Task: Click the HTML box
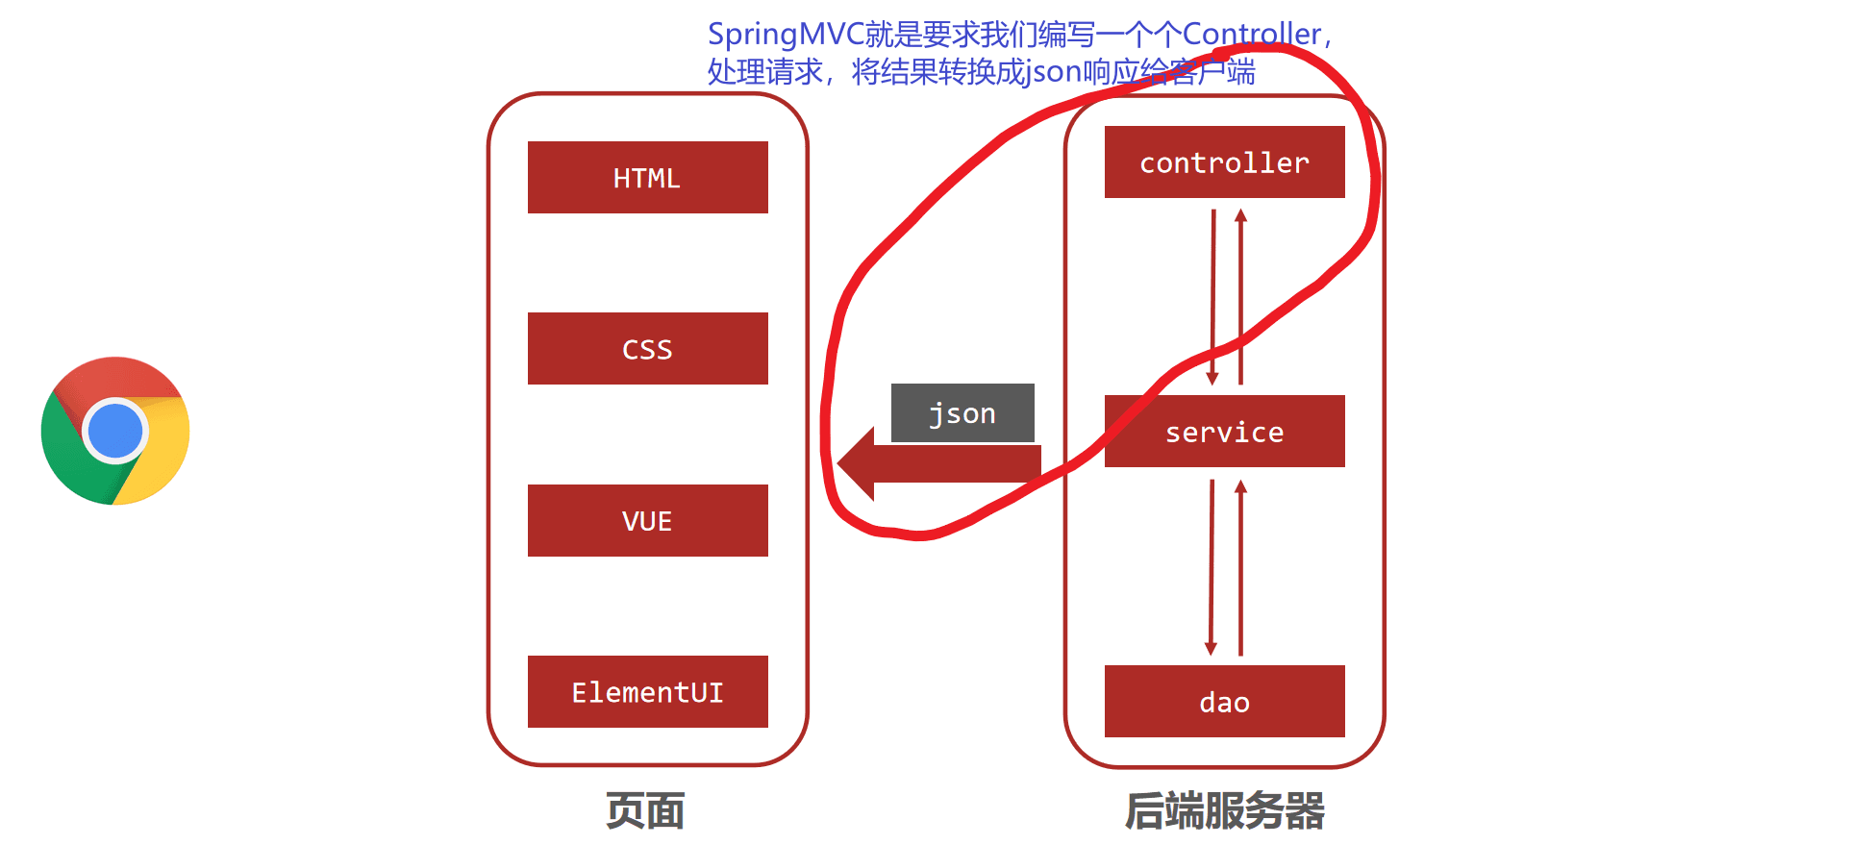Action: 647,178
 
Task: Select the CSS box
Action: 647,349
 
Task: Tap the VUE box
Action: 647,521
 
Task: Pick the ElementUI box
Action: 647,692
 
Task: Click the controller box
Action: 1224,162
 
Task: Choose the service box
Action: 1224,432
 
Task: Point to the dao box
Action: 1224,702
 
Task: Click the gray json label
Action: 962,413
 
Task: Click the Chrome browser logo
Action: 115,431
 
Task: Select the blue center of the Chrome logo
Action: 115,430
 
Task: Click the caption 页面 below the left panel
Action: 645,811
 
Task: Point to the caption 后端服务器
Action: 1224,811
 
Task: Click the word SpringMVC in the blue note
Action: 786,35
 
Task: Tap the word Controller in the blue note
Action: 1251,35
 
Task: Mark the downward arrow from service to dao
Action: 1212,567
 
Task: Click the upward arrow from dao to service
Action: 1241,567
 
